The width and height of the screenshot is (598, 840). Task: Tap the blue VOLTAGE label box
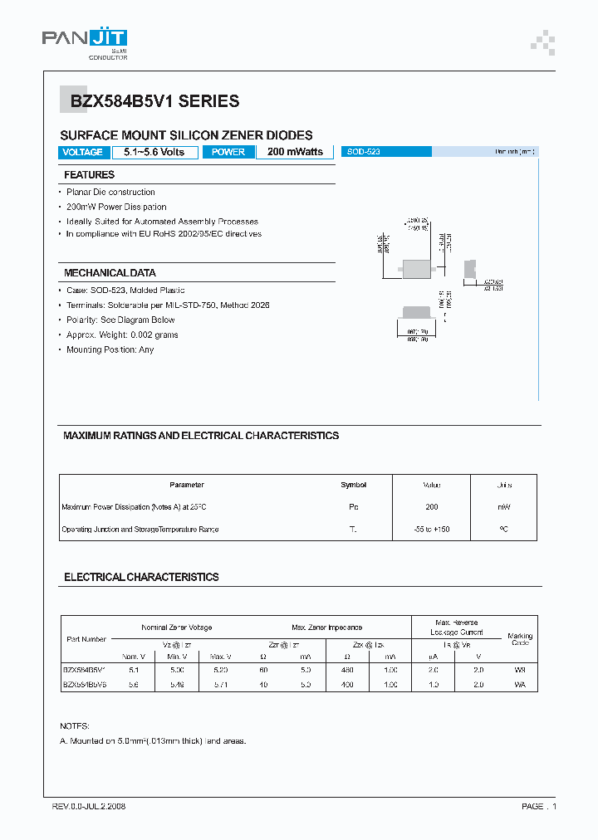(83, 152)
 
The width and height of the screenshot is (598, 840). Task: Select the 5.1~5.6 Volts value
(154, 152)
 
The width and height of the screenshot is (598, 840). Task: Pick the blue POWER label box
(228, 152)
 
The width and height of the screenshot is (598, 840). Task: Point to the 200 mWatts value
(295, 152)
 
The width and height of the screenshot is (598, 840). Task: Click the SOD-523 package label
(364, 152)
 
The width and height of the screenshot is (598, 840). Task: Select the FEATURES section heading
(89, 175)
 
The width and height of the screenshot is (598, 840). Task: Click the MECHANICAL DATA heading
(110, 273)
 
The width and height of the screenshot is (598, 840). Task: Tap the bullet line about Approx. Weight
(122, 335)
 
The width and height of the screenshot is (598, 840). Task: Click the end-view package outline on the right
(470, 267)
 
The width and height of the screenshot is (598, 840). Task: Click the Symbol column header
(353, 485)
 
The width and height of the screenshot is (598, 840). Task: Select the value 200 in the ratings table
(431, 506)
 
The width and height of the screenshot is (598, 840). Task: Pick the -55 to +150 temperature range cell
(431, 529)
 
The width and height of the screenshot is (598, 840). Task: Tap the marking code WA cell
(520, 685)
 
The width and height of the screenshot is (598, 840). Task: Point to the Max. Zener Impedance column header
(327, 628)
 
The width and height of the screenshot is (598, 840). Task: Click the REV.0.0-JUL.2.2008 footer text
(89, 806)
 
